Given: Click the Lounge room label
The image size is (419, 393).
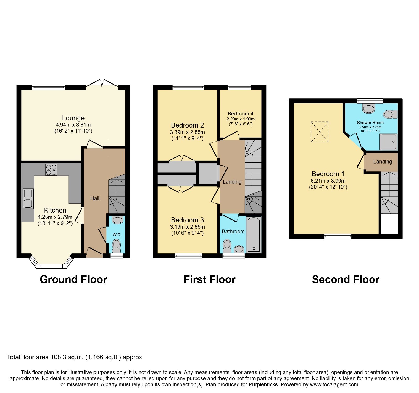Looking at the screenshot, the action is tap(73, 118).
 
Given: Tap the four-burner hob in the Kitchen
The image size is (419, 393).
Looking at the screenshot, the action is tap(51, 169).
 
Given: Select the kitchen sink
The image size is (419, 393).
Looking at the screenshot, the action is tap(28, 199).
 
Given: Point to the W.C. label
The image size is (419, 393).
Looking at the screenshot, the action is tap(117, 235).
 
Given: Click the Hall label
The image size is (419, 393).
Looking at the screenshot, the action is tap(95, 198).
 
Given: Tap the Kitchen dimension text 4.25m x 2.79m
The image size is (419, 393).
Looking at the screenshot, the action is tap(55, 217).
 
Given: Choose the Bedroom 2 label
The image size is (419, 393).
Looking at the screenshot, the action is tap(187, 125).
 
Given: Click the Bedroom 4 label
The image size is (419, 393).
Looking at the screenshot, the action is tap(240, 114).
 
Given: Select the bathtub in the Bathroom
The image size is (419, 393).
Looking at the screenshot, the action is tap(254, 235).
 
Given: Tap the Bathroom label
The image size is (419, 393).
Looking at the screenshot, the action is tap(233, 231).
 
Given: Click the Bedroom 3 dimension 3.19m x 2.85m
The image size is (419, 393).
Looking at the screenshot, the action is tap(187, 227).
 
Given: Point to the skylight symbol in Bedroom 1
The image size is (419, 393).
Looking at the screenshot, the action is tap(319, 132).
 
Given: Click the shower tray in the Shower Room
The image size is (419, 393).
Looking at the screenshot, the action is tap(389, 142).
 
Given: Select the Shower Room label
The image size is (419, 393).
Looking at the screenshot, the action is tap(370, 123).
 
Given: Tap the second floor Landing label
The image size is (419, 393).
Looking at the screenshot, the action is tap(383, 162).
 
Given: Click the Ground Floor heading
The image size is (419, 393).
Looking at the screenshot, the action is tap(73, 280).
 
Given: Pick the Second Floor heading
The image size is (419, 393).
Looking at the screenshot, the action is tap(346, 280).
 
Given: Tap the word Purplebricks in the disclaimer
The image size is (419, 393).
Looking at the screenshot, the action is tap(263, 385).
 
